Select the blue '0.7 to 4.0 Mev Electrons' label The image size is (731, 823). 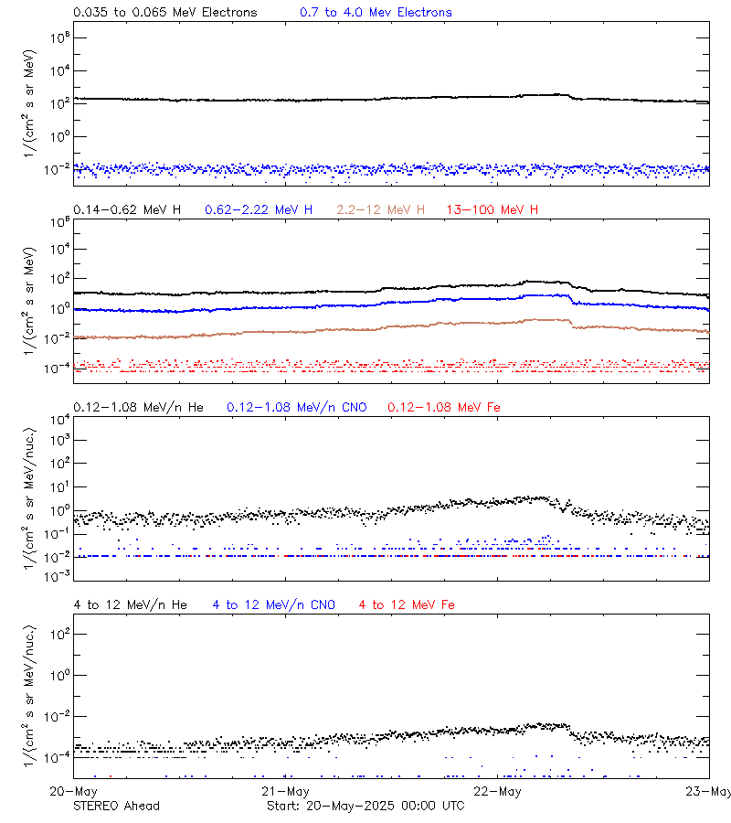(376, 13)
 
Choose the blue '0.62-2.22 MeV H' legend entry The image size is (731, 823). (259, 209)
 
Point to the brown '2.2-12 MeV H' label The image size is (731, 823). (380, 209)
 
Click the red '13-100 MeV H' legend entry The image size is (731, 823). (492, 209)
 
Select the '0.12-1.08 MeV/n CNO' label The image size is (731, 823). (296, 407)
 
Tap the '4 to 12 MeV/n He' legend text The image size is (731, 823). (130, 604)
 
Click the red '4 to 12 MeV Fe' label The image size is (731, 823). (407, 604)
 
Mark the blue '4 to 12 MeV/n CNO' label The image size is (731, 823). (273, 604)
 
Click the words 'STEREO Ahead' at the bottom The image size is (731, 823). (116, 806)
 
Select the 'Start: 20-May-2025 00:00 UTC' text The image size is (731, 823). (365, 806)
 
